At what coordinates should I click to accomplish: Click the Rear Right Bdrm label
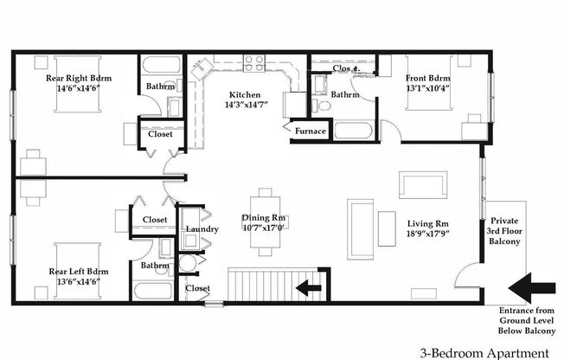pyautogui.click(x=79, y=78)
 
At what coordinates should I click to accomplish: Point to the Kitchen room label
pyautogui.click(x=246, y=95)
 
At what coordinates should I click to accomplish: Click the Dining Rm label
pyautogui.click(x=267, y=219)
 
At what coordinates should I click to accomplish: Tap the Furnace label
pyautogui.click(x=311, y=132)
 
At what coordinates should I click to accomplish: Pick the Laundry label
pyautogui.click(x=202, y=229)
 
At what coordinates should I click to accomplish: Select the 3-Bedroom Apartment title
pyautogui.click(x=484, y=352)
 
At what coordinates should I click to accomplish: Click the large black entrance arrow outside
pyautogui.click(x=534, y=286)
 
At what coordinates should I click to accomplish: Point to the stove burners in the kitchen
pyautogui.click(x=254, y=62)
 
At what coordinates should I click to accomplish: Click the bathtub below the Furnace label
pyautogui.click(x=352, y=132)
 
